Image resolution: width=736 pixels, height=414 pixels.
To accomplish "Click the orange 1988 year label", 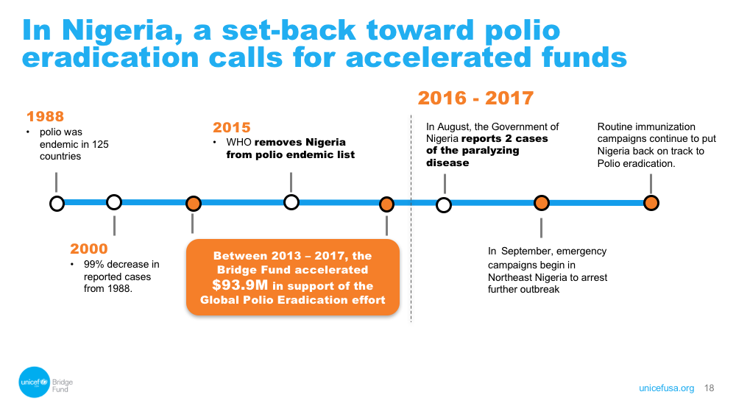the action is click(45, 116).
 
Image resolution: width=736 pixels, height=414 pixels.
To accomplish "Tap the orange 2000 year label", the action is click(89, 249).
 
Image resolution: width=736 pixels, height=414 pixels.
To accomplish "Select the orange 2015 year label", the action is click(231, 127).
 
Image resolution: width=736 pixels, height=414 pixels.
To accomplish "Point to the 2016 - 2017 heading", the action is click(475, 98).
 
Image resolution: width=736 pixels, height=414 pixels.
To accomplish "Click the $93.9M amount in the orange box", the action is click(240, 285).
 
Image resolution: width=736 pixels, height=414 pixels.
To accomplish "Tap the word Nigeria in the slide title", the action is click(121, 30).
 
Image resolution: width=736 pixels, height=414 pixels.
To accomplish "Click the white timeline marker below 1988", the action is click(57, 204).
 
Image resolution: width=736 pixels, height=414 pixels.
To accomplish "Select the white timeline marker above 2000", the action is click(114, 202).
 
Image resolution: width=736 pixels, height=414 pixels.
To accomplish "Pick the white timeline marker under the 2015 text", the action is click(291, 202).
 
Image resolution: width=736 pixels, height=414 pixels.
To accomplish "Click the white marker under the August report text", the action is click(444, 205).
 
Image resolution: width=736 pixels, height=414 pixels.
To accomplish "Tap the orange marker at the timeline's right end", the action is click(651, 203).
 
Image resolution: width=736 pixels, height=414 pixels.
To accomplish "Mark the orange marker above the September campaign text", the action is click(542, 203).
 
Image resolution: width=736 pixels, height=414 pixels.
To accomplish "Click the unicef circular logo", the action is click(35, 382).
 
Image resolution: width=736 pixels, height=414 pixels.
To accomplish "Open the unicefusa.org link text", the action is click(667, 388).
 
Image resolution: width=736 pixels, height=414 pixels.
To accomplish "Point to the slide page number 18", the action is click(709, 388).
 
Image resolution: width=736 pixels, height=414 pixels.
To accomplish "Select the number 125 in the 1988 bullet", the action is click(100, 144).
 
